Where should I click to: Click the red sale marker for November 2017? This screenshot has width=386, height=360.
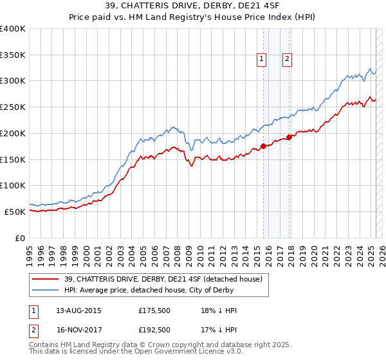289,137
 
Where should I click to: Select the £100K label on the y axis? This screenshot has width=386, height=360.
13,185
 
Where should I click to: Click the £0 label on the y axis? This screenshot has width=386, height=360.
19,238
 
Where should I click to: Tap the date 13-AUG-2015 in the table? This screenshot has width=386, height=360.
79,310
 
